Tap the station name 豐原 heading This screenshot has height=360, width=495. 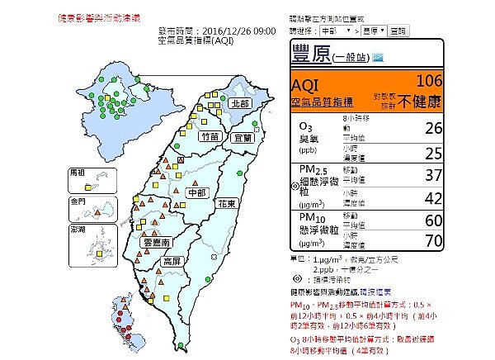[311, 55]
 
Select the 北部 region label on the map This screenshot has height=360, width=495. [239, 103]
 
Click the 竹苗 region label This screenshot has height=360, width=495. [210, 137]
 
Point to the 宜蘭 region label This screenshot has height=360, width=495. [243, 137]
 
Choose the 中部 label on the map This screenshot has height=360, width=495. [196, 192]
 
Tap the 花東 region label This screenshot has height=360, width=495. [228, 202]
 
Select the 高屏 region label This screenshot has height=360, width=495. [172, 261]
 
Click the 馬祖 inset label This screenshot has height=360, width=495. [78, 173]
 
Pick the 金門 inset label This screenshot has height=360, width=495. [78, 201]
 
